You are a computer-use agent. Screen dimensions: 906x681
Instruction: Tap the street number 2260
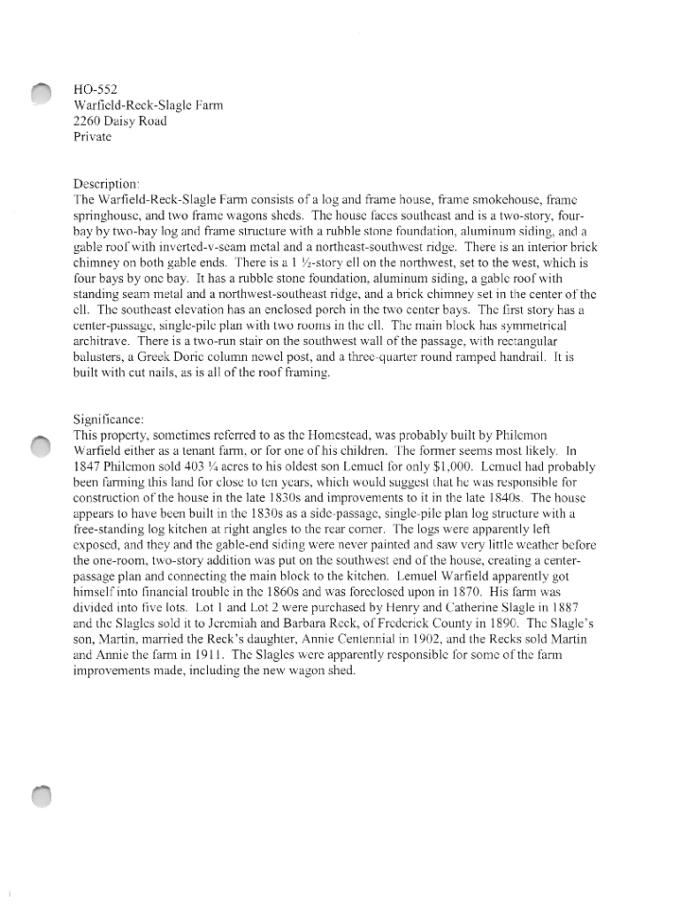click(x=90, y=121)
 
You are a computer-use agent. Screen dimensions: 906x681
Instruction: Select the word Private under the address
click(x=93, y=137)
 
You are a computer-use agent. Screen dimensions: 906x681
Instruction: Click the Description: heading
click(x=107, y=184)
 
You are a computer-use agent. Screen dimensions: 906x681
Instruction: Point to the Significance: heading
click(x=110, y=419)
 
